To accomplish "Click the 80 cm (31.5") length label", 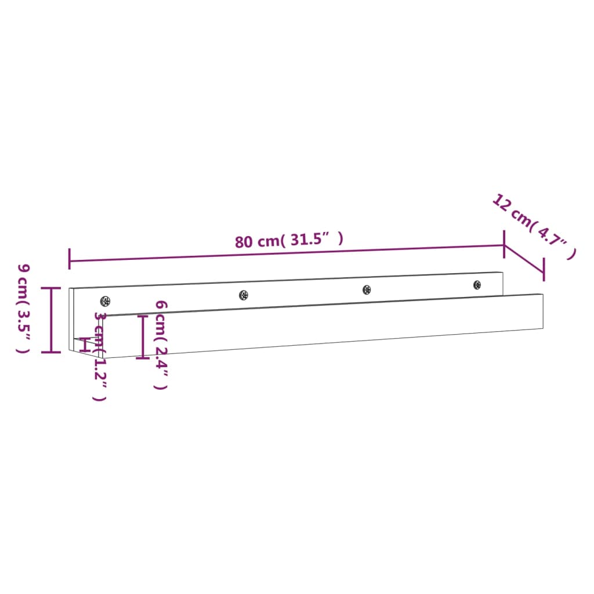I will click(289, 240).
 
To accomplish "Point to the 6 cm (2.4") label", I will click(161, 345).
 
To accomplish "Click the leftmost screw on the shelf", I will click(105, 300).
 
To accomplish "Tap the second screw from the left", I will click(244, 295).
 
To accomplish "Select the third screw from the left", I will click(367, 289).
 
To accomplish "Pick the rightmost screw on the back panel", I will click(477, 285).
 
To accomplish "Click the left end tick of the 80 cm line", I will click(70, 259).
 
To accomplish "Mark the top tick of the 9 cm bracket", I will click(51, 288).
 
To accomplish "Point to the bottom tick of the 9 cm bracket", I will click(51, 352).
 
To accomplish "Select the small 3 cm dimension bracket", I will click(87, 345).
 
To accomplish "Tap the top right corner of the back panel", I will click(504, 273).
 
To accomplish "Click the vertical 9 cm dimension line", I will click(51, 320).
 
